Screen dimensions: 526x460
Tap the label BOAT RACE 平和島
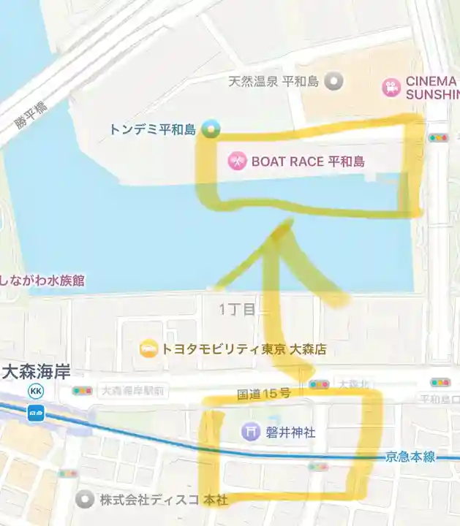[x=308, y=161]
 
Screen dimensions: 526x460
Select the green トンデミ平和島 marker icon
[x=211, y=130]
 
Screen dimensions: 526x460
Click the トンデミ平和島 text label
[x=152, y=130]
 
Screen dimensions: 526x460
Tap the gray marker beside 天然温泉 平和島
[x=334, y=81]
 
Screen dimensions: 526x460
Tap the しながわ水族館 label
[x=42, y=280]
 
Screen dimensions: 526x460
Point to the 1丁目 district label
[x=238, y=310]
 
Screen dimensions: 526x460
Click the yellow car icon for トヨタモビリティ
[x=148, y=349]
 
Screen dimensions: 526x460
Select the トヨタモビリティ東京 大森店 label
[x=243, y=349]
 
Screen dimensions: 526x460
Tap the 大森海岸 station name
[x=37, y=373]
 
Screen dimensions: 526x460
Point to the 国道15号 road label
[x=264, y=394]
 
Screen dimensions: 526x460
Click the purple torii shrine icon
[x=251, y=432]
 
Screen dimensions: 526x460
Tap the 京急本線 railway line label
[x=410, y=457]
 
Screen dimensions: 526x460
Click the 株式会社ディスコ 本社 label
[x=164, y=500]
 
